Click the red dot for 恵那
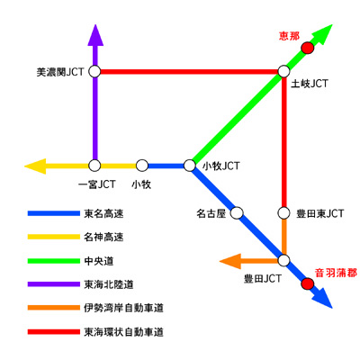308,48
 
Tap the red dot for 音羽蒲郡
308,283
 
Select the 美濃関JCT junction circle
94,72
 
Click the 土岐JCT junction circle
283,72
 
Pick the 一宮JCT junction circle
94,166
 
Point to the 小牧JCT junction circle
189,166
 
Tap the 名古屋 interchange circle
237,213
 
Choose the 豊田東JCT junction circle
283,213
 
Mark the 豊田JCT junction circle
283,260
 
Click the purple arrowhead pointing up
95,35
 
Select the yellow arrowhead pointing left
35,166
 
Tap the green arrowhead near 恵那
322,34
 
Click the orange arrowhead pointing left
230,261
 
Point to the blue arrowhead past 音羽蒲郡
322,298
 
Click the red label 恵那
289,36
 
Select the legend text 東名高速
103,213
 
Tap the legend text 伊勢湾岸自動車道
123,308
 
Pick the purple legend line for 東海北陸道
54,284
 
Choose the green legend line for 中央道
54,261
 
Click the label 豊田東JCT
319,213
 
